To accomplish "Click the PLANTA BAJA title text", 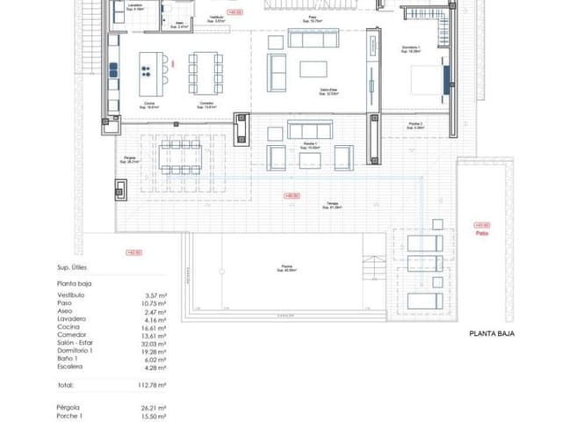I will coord(492,333).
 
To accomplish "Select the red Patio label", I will coord(481,229).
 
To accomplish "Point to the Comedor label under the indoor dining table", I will coord(205,103).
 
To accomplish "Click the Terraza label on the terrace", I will coord(332,205).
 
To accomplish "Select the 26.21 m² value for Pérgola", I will coord(153,407).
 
